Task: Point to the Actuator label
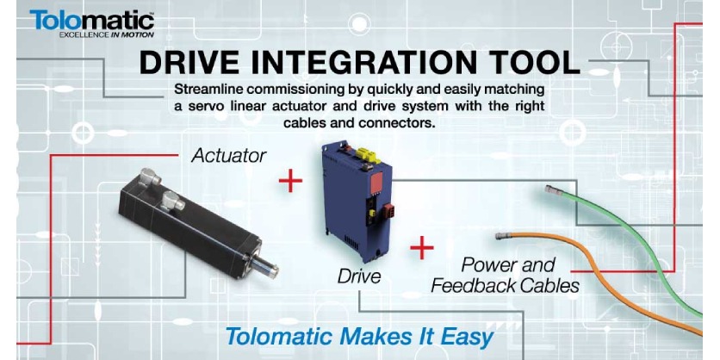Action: (x=227, y=156)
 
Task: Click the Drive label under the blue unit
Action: (x=358, y=277)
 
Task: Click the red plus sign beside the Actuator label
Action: (x=291, y=181)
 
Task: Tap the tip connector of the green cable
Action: (x=551, y=189)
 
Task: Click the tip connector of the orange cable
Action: (x=503, y=235)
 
